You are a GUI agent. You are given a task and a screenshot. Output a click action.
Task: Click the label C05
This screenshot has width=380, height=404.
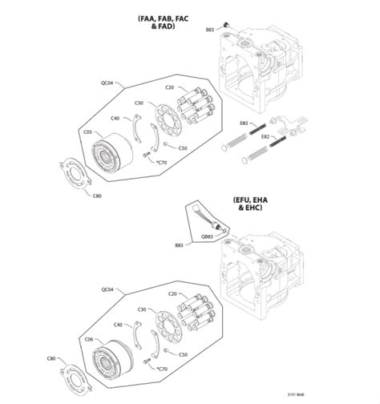pos(88,133)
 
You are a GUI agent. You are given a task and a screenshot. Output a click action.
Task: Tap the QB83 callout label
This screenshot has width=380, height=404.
pos(207,236)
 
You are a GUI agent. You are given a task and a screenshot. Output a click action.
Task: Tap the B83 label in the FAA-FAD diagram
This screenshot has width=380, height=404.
pos(210,29)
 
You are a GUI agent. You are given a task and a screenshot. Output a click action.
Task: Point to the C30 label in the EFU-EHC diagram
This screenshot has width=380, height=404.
pos(140,309)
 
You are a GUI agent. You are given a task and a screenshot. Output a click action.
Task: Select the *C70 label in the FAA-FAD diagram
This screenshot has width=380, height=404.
pos(161,163)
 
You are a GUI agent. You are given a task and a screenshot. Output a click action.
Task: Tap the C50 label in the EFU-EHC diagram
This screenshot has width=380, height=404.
pos(183,353)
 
